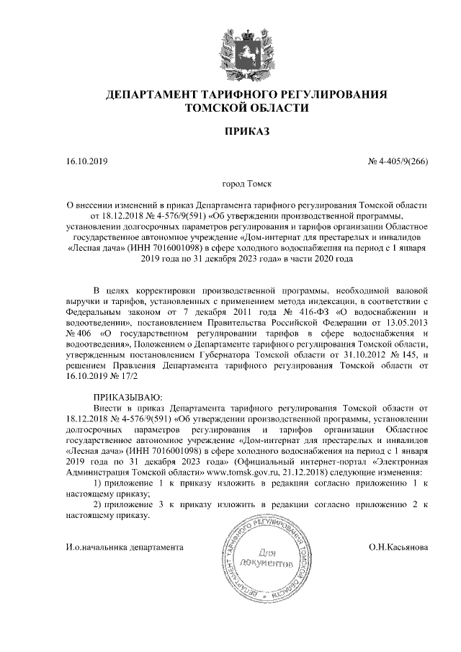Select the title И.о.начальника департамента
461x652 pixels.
123,548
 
